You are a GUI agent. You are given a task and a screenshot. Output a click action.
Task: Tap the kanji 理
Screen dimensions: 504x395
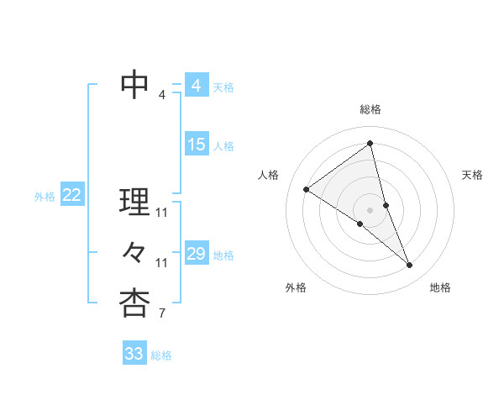click(134, 202)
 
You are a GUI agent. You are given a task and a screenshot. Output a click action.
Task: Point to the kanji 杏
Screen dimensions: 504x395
click(134, 303)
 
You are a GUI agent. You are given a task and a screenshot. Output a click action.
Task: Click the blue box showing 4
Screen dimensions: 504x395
click(196, 86)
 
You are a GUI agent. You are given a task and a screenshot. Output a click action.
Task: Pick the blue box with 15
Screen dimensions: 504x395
click(196, 145)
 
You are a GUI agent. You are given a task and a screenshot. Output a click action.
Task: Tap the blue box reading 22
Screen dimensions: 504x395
click(71, 196)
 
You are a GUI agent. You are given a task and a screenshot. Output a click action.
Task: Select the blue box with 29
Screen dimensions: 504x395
click(196, 254)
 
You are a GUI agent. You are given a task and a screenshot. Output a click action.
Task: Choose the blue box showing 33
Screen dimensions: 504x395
click(134, 354)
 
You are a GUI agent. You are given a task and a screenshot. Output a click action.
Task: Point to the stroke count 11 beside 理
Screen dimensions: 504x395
click(162, 212)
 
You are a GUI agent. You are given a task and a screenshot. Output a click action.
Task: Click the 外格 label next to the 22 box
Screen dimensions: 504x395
click(45, 197)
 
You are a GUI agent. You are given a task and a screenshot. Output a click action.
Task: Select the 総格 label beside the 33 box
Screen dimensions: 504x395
click(161, 355)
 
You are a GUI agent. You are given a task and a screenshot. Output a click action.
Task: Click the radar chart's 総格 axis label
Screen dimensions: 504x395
click(370, 109)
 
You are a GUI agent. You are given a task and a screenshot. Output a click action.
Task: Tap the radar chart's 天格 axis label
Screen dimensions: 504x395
click(472, 175)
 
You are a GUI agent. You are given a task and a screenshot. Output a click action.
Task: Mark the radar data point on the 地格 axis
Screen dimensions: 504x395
click(410, 266)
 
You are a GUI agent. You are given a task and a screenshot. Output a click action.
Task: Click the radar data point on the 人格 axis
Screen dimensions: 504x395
click(306, 189)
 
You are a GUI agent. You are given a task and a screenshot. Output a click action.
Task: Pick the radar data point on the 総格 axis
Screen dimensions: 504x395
click(370, 144)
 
